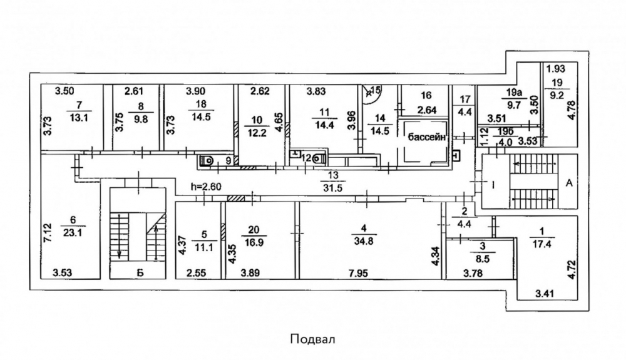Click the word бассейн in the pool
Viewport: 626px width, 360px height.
pyautogui.click(x=426, y=137)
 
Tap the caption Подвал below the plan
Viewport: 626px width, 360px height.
pyautogui.click(x=312, y=339)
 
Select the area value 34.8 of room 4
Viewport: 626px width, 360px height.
pyautogui.click(x=363, y=240)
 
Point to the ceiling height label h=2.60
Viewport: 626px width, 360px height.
pyautogui.click(x=206, y=186)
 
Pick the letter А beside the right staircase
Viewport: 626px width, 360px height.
pyautogui.click(x=569, y=183)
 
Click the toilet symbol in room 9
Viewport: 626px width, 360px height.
pyautogui.click(x=207, y=160)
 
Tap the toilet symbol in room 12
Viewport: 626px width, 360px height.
pyautogui.click(x=320, y=158)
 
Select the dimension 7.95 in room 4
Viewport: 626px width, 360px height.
pyautogui.click(x=358, y=274)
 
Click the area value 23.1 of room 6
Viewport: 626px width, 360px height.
pyautogui.click(x=72, y=232)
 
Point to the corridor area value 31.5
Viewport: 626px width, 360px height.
pyautogui.click(x=333, y=188)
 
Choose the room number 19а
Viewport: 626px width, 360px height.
pyautogui.click(x=514, y=93)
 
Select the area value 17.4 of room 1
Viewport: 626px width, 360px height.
pyautogui.click(x=541, y=244)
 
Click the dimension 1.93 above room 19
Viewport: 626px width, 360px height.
pyautogui.click(x=556, y=69)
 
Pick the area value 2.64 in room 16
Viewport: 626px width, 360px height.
pyautogui.click(x=426, y=110)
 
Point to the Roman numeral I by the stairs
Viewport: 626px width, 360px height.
pyautogui.click(x=493, y=185)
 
